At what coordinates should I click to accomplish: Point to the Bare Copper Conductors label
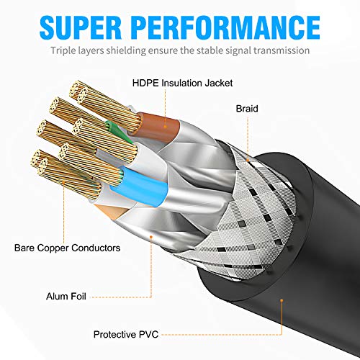(x=67, y=248)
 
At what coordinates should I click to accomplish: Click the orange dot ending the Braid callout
(x=247, y=158)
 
